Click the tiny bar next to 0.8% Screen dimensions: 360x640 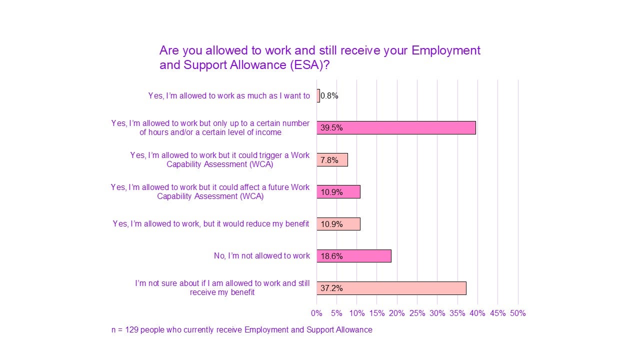[x=318, y=95]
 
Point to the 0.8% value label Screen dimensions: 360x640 [x=329, y=96]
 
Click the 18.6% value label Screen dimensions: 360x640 [x=331, y=256]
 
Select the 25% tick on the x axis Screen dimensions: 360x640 [x=417, y=313]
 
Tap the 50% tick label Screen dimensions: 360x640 [x=517, y=313]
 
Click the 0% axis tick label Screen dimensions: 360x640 [x=316, y=313]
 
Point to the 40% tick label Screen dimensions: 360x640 [x=477, y=313]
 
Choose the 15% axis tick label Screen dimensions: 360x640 [x=377, y=313]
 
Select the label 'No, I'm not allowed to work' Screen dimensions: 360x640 [x=262, y=256]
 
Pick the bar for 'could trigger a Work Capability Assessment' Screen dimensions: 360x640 [x=332, y=160]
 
